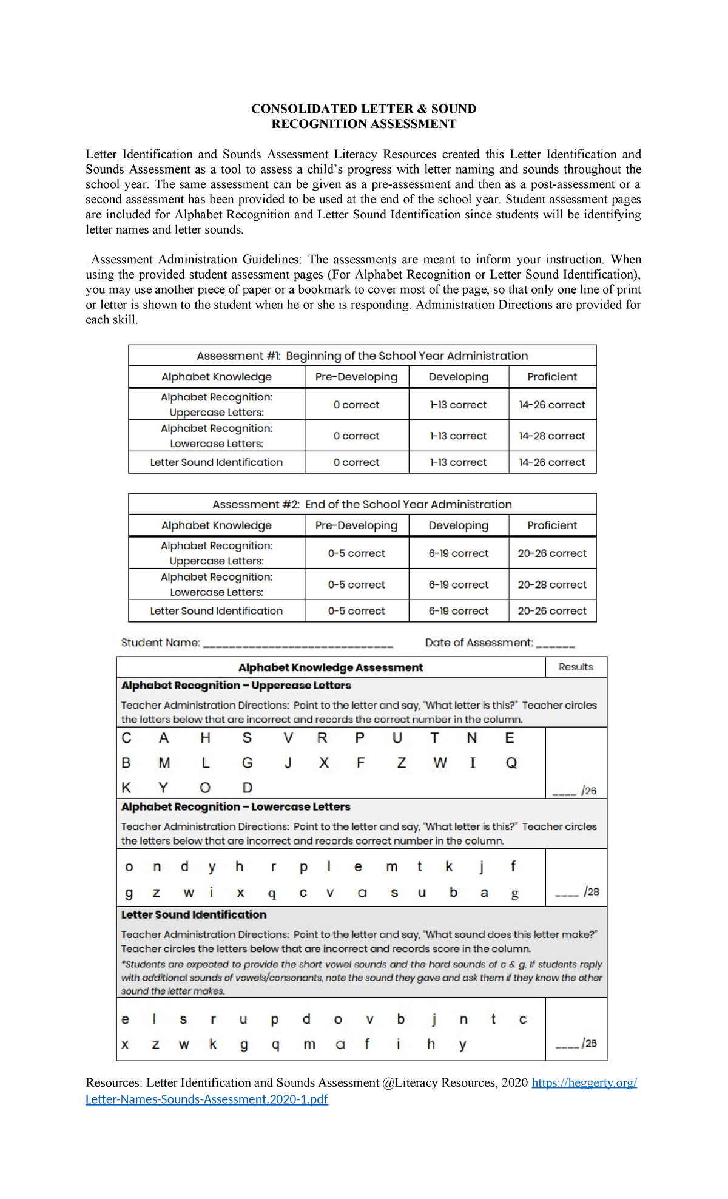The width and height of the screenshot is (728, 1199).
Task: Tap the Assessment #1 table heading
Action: coord(362,356)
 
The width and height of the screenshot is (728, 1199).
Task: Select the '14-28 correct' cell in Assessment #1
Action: coord(551,436)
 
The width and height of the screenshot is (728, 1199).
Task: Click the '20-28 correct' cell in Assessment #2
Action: coord(551,584)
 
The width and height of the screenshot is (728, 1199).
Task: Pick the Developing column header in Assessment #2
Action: coord(458,525)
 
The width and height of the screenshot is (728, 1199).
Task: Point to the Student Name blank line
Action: coord(297,645)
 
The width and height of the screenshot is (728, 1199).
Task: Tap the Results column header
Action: coord(576,667)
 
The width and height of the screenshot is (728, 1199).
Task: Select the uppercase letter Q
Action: coord(511,763)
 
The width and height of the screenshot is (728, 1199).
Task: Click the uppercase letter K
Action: coord(126,788)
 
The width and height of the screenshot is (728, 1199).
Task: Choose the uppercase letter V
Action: coord(288,738)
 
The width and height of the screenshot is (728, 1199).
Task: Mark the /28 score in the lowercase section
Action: coord(591,891)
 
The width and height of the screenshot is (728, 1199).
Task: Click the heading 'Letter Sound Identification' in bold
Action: coord(194,914)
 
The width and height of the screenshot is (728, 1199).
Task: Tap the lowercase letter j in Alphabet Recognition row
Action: coord(481,867)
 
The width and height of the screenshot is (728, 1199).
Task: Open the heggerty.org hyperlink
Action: coord(584,1082)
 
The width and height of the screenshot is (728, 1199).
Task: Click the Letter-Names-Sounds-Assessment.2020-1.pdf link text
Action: coord(206,1099)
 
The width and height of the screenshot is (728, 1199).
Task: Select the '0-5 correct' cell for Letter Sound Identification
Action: coord(356,611)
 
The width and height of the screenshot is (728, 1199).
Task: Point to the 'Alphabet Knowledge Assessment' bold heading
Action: coord(330,667)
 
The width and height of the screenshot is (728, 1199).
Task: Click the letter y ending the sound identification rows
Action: coord(463,1044)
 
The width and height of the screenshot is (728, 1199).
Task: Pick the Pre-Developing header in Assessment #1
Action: coord(356,377)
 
